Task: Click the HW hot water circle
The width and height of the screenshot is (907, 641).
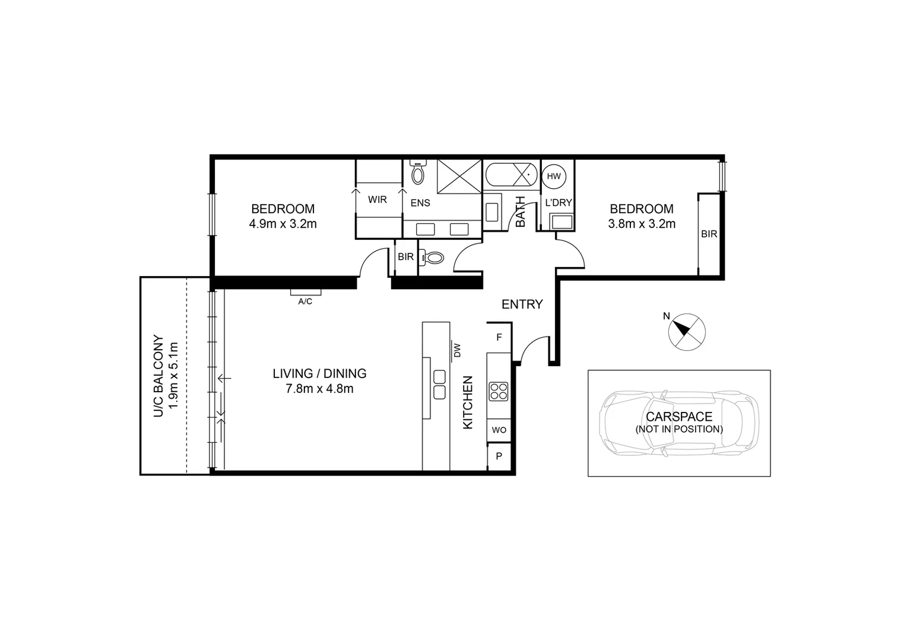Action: [554, 176]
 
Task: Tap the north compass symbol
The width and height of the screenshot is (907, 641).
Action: [687, 331]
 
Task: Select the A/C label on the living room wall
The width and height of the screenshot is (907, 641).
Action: [305, 302]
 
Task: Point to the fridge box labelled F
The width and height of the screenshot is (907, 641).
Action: [499, 337]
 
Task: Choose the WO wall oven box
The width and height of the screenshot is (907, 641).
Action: [499, 430]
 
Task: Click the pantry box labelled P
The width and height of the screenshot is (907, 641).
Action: [499, 456]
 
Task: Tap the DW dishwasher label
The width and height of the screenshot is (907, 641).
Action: [457, 351]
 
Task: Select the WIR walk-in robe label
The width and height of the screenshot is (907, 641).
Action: [378, 199]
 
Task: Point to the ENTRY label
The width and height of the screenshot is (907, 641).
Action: [522, 304]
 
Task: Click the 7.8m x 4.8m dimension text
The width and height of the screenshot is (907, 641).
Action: [319, 389]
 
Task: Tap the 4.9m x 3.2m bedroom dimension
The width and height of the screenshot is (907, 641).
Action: [283, 224]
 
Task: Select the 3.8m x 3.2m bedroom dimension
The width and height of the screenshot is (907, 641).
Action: [642, 224]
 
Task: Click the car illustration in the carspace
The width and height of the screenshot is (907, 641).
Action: [679, 423]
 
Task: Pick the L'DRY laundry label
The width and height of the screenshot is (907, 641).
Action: [559, 202]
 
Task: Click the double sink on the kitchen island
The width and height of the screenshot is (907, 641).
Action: [440, 385]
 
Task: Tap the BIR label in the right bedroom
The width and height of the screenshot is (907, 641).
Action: [709, 234]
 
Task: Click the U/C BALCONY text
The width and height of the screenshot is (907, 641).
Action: [158, 376]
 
